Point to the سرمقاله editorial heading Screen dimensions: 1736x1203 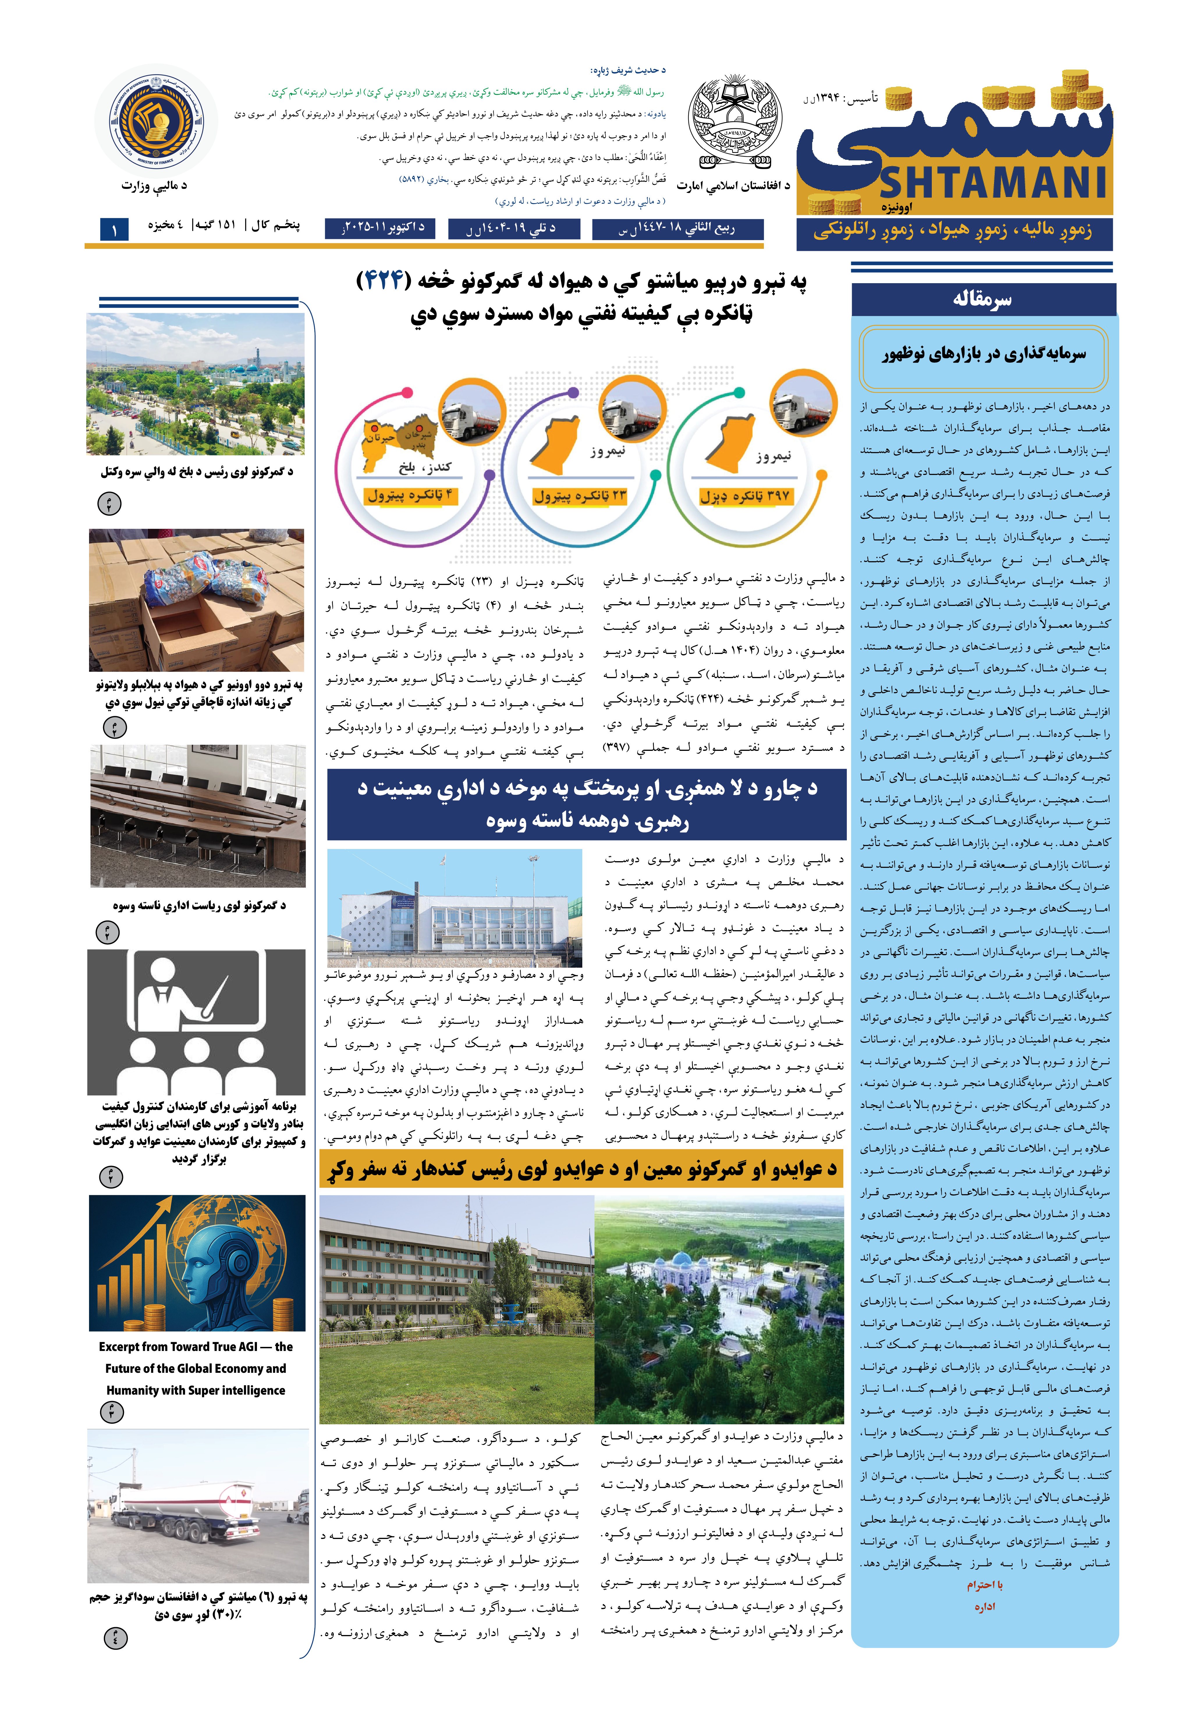(x=982, y=299)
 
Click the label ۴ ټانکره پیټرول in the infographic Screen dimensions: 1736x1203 (x=409, y=495)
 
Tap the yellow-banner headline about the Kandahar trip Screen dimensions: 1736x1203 (x=582, y=1171)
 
